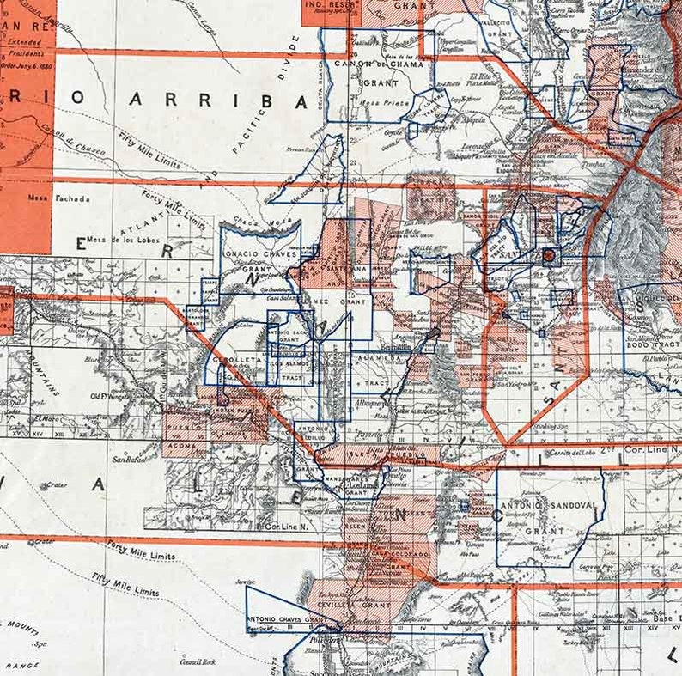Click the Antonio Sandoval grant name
pos(549,506)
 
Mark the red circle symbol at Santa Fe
pos(548,255)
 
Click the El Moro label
pos(46,419)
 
